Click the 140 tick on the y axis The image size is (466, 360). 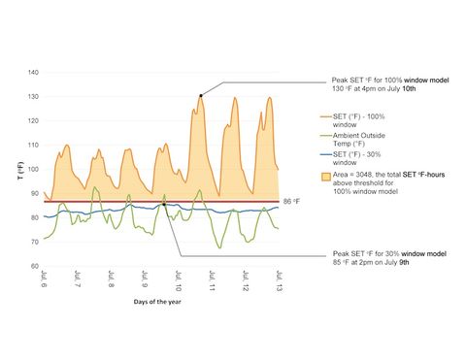[x=33, y=73]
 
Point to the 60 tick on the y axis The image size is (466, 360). [x=34, y=266]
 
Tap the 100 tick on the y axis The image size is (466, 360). [x=33, y=169]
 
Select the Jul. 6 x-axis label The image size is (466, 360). [x=45, y=279]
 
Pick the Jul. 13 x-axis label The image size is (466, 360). [x=279, y=281]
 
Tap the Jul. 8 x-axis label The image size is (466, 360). [x=112, y=281]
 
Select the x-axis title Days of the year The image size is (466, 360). [x=161, y=302]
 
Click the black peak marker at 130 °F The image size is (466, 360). [x=201, y=95]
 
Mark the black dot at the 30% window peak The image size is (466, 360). [x=164, y=205]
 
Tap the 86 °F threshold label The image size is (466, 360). [x=291, y=201]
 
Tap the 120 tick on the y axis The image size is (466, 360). [x=33, y=121]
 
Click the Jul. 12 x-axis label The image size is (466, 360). [x=246, y=281]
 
